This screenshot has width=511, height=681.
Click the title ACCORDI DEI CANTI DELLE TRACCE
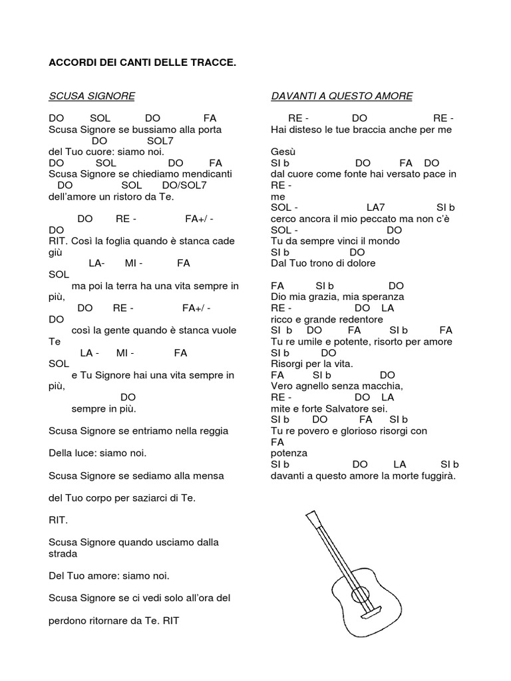pyautogui.click(x=142, y=63)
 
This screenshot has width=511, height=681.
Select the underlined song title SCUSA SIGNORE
pyautogui.click(x=92, y=96)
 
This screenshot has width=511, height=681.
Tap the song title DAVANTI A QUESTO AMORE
pyautogui.click(x=341, y=96)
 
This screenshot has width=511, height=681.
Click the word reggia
pyautogui.click(x=212, y=431)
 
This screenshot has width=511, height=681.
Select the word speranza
pyautogui.click(x=381, y=297)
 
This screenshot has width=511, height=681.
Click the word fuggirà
pyautogui.click(x=434, y=476)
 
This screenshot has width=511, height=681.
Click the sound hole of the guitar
pyautogui.click(x=359, y=595)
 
